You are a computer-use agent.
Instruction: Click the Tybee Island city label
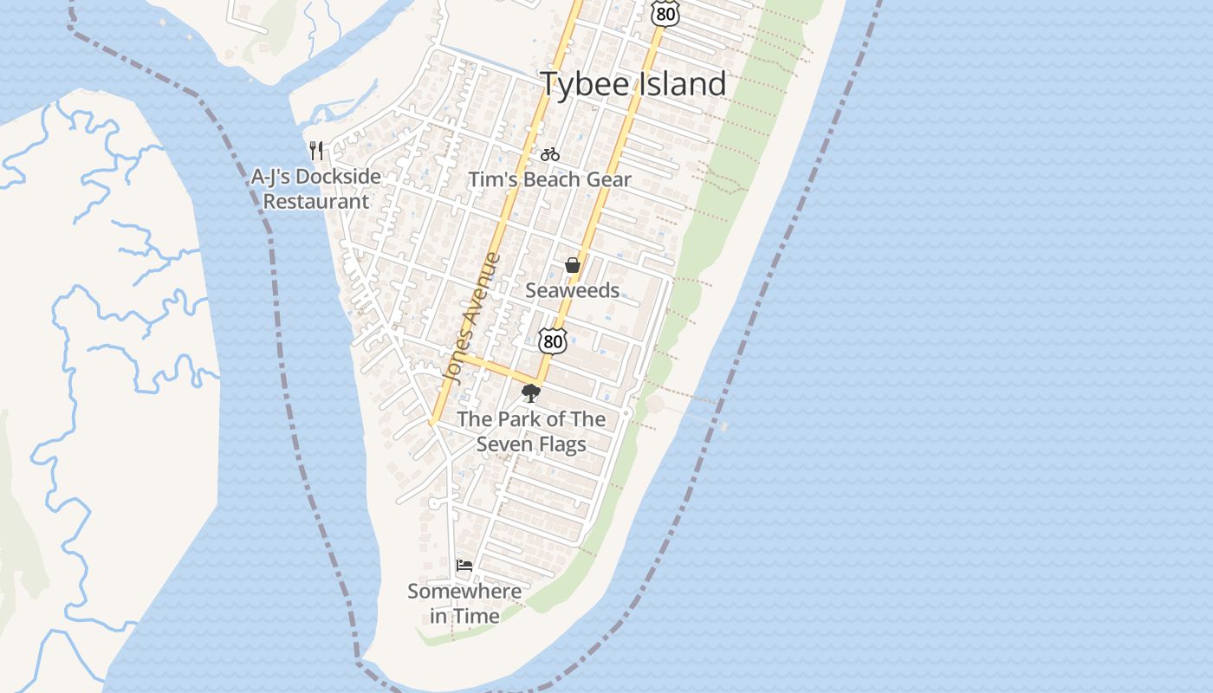point(633,84)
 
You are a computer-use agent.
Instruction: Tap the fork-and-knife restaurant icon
point(316,151)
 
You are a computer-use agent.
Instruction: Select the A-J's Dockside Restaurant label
point(316,189)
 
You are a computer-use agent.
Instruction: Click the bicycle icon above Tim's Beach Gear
point(549,154)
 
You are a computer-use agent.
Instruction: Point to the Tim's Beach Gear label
point(549,180)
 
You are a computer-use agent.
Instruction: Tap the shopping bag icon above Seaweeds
point(573,265)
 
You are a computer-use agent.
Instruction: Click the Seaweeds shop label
point(572,290)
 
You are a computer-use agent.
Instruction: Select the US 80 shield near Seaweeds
point(552,340)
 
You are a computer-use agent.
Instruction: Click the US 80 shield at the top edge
point(665,12)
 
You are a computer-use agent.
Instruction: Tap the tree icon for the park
point(530,394)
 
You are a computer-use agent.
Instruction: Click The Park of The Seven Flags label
point(531,431)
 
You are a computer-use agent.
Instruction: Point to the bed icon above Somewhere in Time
point(464,566)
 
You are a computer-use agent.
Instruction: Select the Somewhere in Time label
point(464,604)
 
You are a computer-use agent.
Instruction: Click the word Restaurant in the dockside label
point(316,202)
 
